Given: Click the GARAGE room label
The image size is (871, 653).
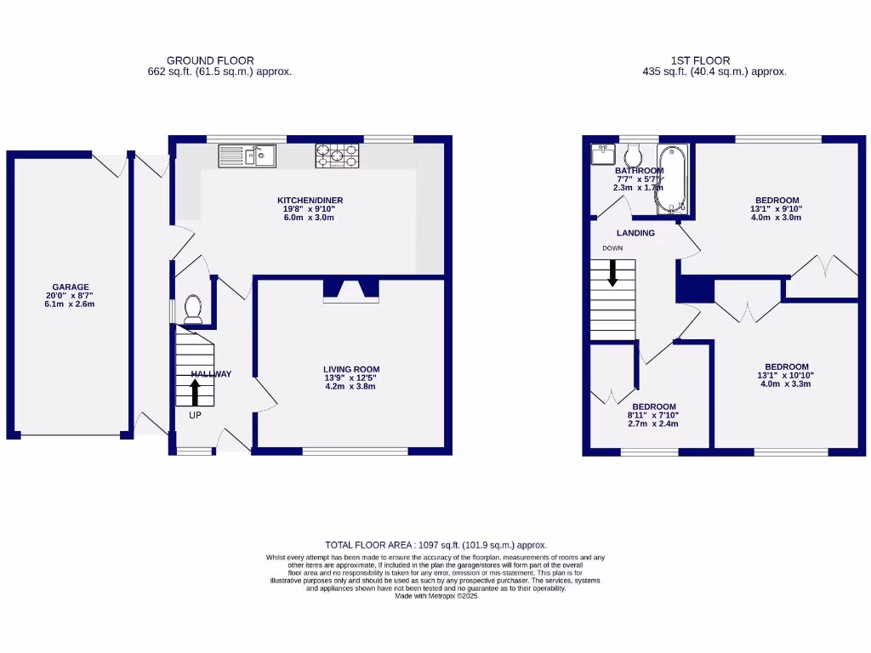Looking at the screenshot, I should click(x=69, y=287).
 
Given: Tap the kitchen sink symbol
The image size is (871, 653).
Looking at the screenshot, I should click(x=247, y=156).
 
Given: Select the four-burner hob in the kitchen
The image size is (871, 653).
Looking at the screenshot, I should click(x=339, y=156).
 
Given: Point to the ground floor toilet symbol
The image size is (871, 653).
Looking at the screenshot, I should click(x=193, y=308).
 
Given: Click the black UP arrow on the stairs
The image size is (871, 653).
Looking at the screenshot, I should click(x=195, y=392).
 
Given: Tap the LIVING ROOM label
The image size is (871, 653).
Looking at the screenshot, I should click(x=350, y=369).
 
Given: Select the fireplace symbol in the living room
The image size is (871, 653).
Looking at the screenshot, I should click(x=351, y=292).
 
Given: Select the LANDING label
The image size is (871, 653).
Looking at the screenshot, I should click(x=636, y=233).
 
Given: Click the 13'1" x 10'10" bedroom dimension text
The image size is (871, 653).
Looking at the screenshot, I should click(x=784, y=375).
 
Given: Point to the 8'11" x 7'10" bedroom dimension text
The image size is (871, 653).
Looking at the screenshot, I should click(x=653, y=415).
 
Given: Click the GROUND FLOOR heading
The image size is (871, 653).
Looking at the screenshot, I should click(x=210, y=60).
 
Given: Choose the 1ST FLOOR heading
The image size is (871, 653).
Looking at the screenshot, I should click(x=700, y=60).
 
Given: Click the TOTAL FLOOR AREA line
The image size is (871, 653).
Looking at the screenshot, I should click(x=435, y=545).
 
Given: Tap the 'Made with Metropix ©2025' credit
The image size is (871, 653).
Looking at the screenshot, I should click(x=436, y=596).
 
